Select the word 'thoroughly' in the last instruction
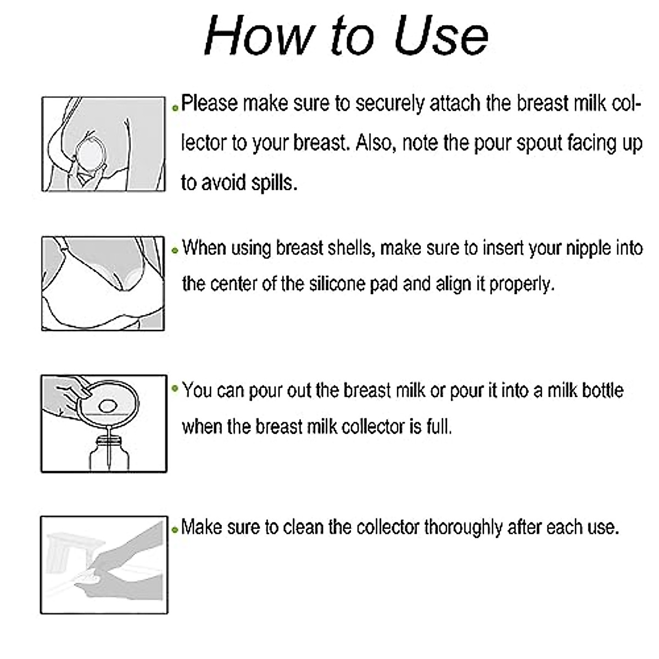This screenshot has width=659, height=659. tap(463, 527)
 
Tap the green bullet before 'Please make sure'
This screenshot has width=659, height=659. tap(175, 108)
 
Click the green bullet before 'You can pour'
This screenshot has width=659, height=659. tap(175, 389)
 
